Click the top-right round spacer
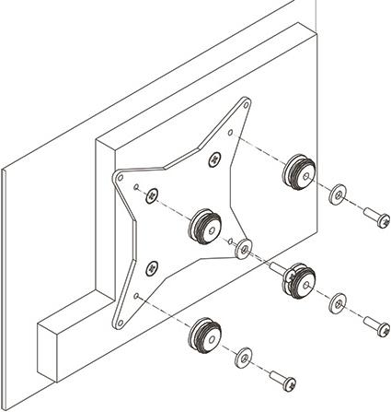(300, 171)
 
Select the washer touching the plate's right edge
(244, 247)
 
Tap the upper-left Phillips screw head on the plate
(153, 193)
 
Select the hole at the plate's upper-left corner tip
(120, 175)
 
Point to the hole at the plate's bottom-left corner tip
(117, 322)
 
